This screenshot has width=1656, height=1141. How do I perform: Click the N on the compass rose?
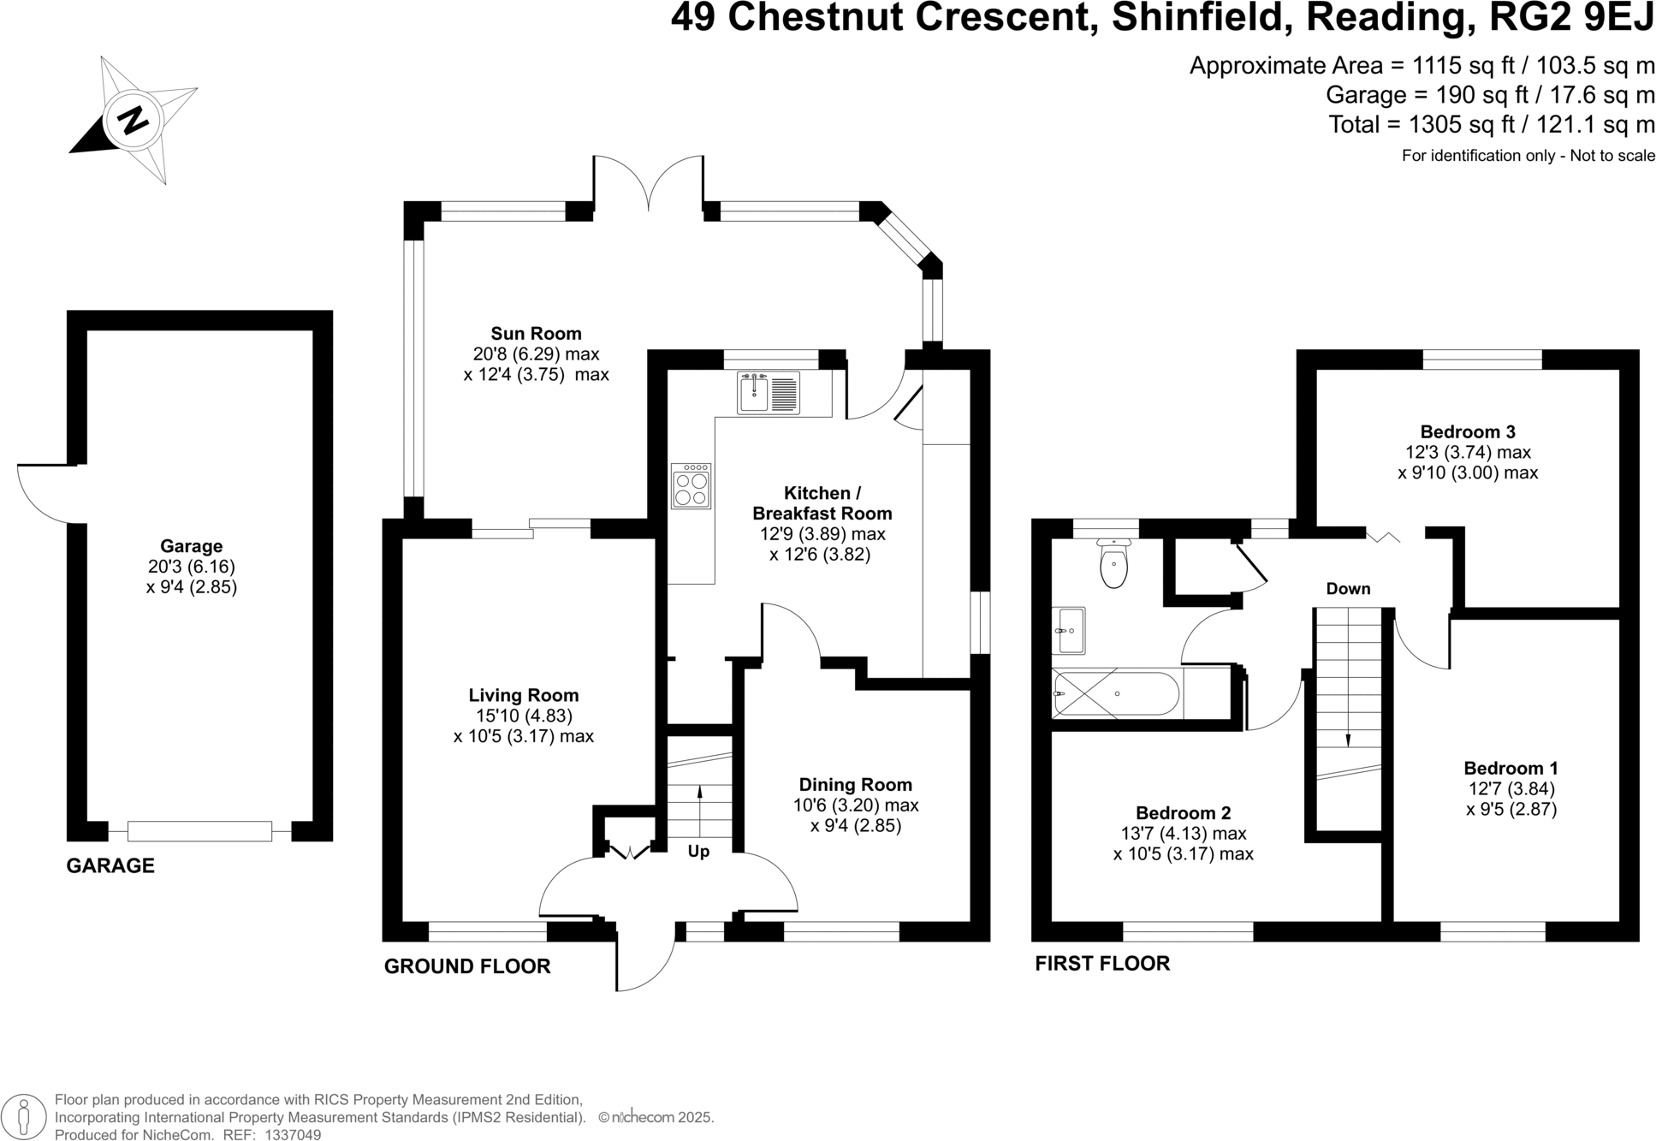(x=133, y=121)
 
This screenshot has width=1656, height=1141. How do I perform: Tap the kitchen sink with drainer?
(x=769, y=393)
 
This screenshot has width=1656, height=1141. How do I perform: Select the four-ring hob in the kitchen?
(x=691, y=486)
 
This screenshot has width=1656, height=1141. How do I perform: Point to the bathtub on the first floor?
(x=1116, y=693)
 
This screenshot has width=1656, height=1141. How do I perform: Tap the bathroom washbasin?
(x=1068, y=631)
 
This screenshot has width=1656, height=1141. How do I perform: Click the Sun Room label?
(x=536, y=334)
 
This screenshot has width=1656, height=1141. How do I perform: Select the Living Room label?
(x=523, y=696)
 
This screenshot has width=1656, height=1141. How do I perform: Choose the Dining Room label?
(x=855, y=785)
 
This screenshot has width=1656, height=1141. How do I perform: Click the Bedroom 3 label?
(x=1468, y=432)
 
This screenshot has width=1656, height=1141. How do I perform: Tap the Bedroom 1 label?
(x=1511, y=769)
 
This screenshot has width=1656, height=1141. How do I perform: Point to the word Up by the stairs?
(x=698, y=853)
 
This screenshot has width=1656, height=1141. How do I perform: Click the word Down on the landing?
(x=1348, y=589)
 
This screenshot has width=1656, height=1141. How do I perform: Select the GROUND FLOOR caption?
(x=467, y=966)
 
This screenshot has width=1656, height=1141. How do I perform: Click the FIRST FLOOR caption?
(x=1102, y=964)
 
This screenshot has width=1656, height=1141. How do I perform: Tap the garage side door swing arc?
(x=48, y=494)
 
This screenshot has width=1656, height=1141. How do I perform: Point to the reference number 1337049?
(x=293, y=1135)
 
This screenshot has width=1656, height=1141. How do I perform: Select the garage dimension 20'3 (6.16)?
(x=191, y=567)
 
